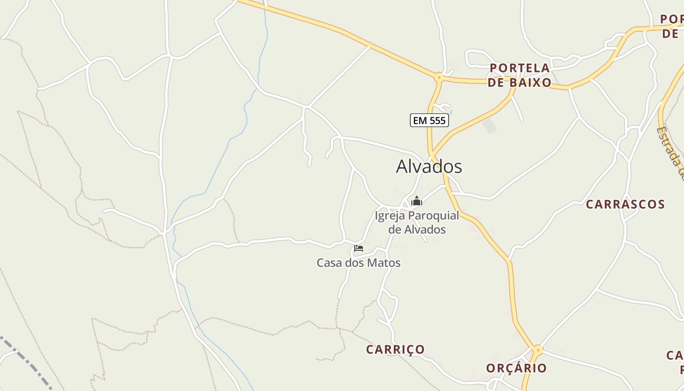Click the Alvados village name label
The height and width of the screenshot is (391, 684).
428,167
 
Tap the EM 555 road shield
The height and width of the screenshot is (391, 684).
429,120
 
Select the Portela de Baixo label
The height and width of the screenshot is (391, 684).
519,75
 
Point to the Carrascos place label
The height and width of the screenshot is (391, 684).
625,204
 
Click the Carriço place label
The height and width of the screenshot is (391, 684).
395,349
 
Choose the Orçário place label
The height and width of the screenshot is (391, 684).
516,368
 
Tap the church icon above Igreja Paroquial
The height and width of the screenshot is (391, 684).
417,201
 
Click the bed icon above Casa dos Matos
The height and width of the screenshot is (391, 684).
359,248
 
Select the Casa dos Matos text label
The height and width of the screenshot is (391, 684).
359,263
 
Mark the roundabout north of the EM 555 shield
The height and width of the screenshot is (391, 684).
439,77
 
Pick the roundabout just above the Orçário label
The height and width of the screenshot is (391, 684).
538,350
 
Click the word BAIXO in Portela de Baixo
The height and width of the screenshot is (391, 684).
530,83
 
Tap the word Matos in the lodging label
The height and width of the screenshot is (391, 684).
385,263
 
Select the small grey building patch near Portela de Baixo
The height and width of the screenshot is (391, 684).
490,126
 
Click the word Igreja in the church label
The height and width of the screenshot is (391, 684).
390,216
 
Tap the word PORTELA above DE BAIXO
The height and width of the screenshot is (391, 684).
519,68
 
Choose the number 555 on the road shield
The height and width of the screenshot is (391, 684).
436,120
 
